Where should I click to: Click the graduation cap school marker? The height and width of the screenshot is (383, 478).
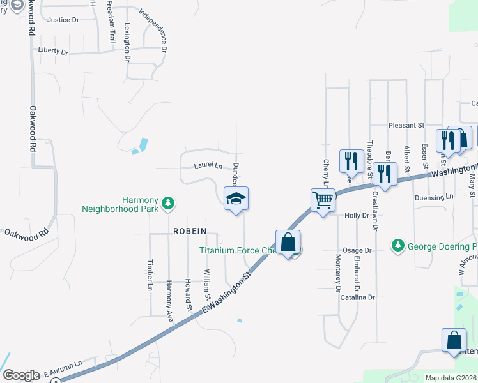click(236, 199)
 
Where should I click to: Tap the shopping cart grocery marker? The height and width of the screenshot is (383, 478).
click(323, 200)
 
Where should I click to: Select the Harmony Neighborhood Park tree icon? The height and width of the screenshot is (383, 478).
click(168, 203)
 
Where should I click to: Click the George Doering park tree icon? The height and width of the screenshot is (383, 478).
click(398, 245)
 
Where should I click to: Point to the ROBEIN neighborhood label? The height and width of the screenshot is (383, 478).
click(188, 234)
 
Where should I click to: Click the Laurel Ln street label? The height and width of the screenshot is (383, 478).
click(208, 167)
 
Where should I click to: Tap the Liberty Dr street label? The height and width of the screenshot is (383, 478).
click(53, 50)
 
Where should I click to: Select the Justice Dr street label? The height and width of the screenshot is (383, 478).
click(63, 20)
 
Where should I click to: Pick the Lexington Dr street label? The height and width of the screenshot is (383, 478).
click(127, 42)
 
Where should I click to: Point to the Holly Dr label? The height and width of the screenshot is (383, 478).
click(357, 216)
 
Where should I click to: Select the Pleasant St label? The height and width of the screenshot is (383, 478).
click(407, 126)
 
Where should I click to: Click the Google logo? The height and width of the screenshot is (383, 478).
click(21, 375)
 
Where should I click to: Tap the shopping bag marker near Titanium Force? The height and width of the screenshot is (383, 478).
click(288, 243)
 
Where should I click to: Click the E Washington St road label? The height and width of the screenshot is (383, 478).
click(228, 295)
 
